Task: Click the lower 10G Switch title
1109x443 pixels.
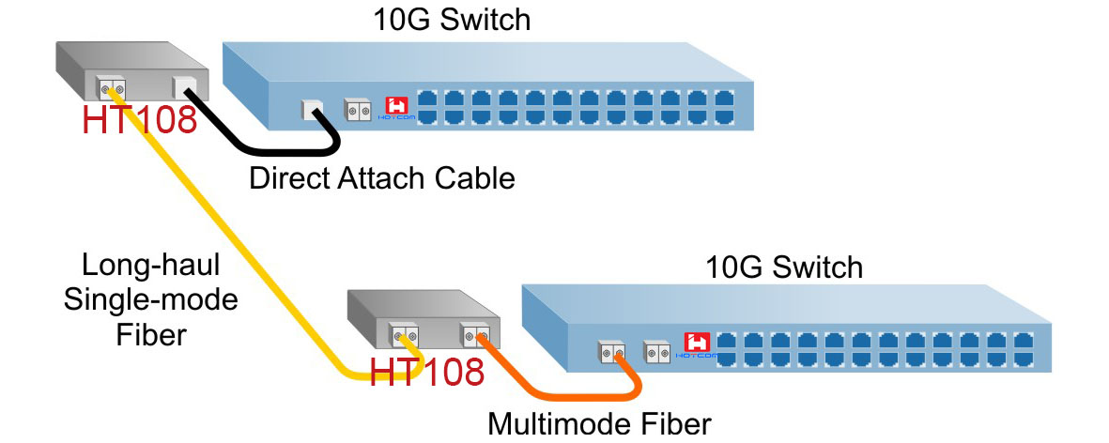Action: point(783,267)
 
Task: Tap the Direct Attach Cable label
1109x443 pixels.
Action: point(382,177)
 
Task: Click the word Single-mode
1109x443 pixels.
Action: point(150,300)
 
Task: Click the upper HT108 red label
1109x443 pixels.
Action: point(140,119)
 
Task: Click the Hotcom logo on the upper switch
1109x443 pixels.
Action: point(397,108)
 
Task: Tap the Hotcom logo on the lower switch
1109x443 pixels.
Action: point(698,345)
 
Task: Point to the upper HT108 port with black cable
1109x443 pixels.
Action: point(183,89)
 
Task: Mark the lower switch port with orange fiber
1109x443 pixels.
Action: point(611,353)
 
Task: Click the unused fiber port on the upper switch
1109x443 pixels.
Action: point(356,109)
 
